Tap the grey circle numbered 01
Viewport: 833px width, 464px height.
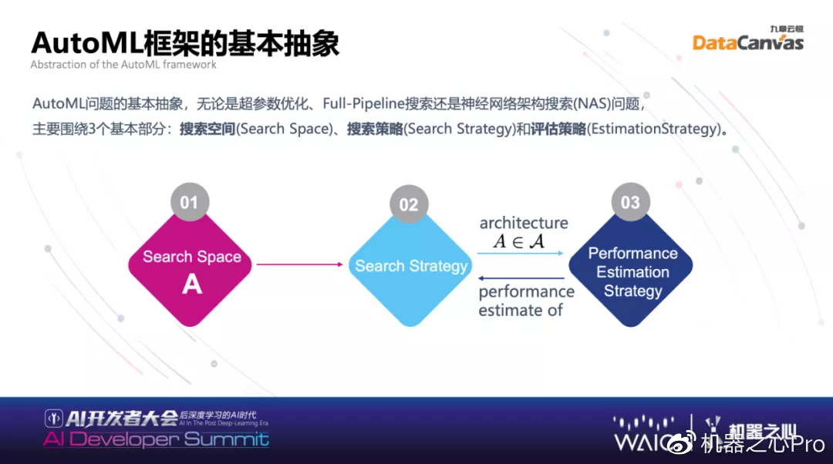pos(189,203)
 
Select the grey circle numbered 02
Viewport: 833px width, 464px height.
pos(408,204)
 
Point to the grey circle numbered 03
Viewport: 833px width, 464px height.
pos(630,202)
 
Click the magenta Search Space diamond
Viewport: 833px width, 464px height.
pos(191,266)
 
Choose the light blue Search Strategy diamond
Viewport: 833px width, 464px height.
pos(410,267)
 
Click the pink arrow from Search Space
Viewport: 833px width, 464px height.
pos(299,264)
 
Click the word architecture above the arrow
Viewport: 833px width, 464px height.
pos(524,224)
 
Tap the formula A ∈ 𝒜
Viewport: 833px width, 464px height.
pos(518,241)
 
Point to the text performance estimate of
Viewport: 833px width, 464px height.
pos(526,301)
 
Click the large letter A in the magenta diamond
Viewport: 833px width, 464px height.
pos(191,284)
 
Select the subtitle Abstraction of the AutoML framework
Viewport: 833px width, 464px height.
pos(123,65)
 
